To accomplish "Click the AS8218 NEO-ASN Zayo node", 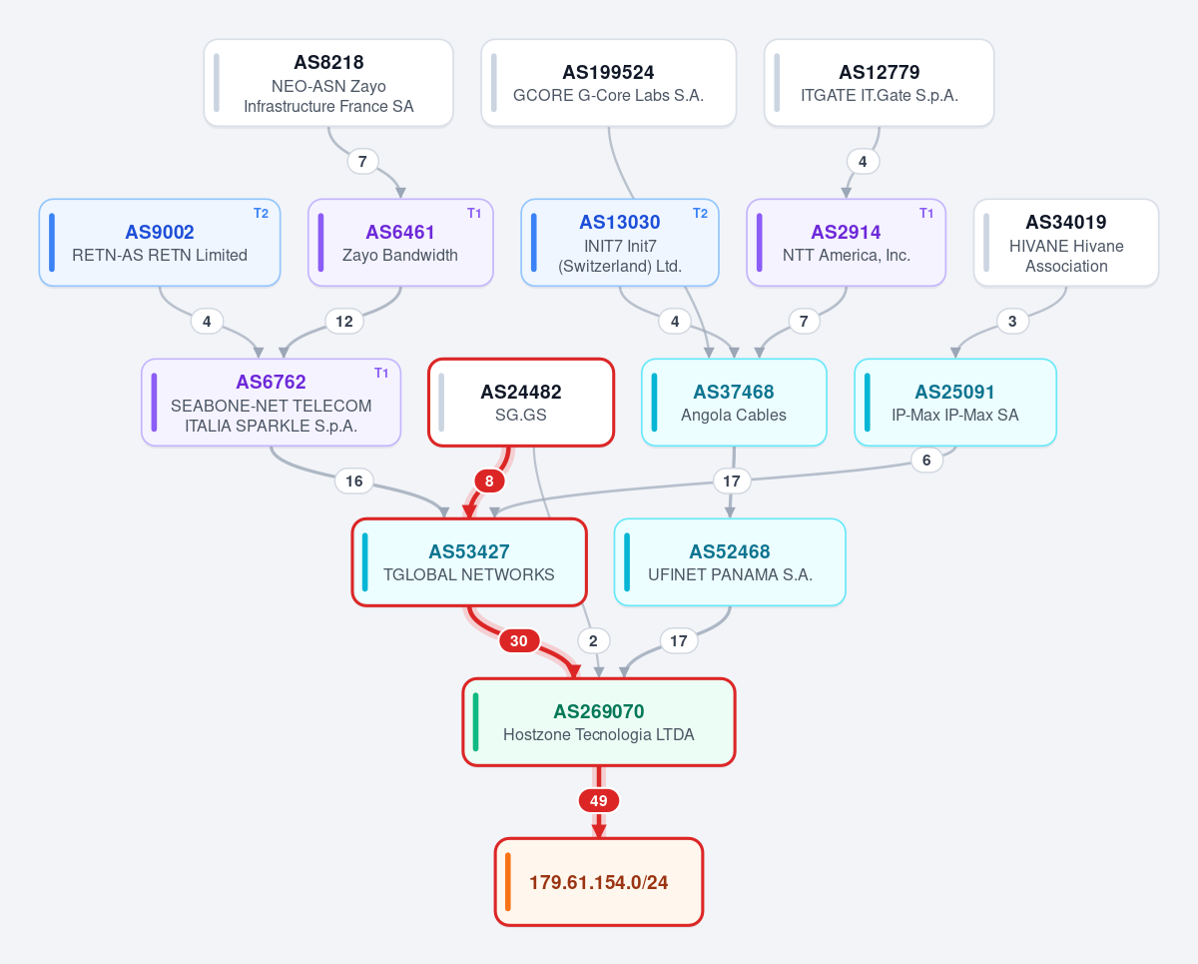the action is pos(328,83).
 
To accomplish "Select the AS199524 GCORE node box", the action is pos(608,83).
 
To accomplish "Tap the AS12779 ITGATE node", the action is pos(879,83).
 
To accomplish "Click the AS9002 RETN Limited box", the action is pos(160,243).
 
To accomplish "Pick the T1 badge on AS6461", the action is pos(474,214).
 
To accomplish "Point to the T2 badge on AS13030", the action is pos(700,214).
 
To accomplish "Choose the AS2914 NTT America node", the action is pos(847,243).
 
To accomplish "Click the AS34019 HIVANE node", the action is pos(1066,243).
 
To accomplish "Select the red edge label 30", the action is pos(519,640).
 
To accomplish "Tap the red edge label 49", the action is pos(598,801).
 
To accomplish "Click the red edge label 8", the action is pos(489,481).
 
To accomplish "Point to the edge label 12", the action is pos(344,322).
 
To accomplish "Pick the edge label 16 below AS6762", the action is pos(354,481).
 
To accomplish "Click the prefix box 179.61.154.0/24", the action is pos(599,882).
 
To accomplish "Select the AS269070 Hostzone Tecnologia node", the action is pos(599,722).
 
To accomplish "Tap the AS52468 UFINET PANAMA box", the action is pos(730,562).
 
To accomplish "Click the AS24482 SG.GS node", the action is pos(521,403).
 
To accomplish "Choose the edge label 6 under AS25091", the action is pos(926,461).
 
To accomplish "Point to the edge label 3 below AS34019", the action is pos(1012,322).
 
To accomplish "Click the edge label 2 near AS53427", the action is pos(593,640).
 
